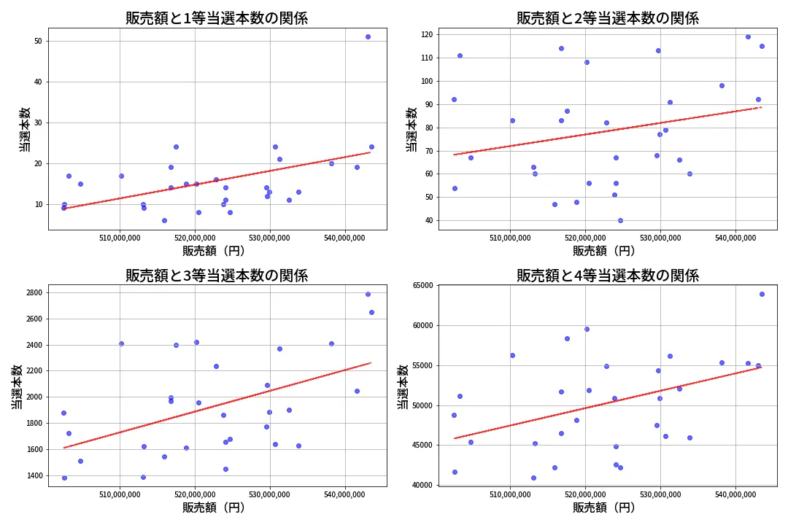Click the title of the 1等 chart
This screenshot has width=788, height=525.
216,18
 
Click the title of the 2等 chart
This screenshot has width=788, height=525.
607,18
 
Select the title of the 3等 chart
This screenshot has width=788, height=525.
216,276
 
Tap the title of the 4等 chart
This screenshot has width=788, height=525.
607,276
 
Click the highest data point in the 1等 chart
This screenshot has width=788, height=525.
368,36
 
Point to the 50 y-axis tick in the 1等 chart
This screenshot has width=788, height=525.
37,42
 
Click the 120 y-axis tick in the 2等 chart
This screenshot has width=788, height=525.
425,34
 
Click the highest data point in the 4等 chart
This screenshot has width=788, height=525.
762,294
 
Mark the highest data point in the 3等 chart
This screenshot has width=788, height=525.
368,294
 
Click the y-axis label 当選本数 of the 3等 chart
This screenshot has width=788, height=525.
16,386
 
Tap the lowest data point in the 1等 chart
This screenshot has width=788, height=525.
164,220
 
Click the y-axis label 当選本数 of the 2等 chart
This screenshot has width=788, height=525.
412,129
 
